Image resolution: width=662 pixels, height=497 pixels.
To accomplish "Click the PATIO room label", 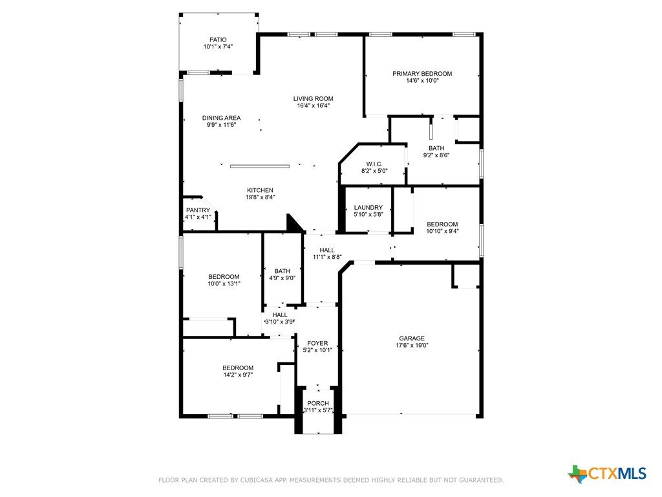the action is pos(218,39).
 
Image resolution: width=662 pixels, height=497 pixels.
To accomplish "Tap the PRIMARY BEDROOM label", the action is pos(422,74).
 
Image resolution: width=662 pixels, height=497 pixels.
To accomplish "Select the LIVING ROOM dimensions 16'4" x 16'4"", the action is pos(314,105).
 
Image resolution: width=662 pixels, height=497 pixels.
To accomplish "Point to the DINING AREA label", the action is pos(221,118).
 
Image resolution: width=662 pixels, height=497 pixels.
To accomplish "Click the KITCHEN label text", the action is pos(260,190).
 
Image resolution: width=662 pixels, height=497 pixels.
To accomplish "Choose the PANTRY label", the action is pos(198,210).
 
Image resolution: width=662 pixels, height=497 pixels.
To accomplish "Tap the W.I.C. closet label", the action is pos(374,164).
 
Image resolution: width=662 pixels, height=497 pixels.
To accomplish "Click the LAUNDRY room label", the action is pos(368,208).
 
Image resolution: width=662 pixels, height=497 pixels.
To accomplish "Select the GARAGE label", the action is pos(412,338).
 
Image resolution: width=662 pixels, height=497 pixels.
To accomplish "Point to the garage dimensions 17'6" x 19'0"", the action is pos(412,345).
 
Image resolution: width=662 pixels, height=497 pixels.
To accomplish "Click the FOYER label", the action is pos(317,343).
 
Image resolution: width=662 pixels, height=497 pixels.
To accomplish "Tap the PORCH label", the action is pos(318,403).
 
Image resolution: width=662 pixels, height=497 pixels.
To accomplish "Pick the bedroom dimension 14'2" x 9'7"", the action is pos(238,375).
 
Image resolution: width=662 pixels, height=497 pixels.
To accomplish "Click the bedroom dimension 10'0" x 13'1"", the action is pos(224,283).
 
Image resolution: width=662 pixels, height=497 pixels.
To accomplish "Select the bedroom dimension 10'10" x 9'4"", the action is pos(442,231).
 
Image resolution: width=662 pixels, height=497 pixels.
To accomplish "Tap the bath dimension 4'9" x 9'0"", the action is pos(282,278).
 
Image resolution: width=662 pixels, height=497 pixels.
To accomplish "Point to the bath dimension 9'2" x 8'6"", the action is pos(436,155).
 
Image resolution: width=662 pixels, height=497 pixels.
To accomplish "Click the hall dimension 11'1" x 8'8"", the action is pos(326,257).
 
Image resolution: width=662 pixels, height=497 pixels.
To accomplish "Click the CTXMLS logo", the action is pos(607,474).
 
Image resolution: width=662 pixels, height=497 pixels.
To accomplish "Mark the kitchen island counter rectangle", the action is pos(260,166).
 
